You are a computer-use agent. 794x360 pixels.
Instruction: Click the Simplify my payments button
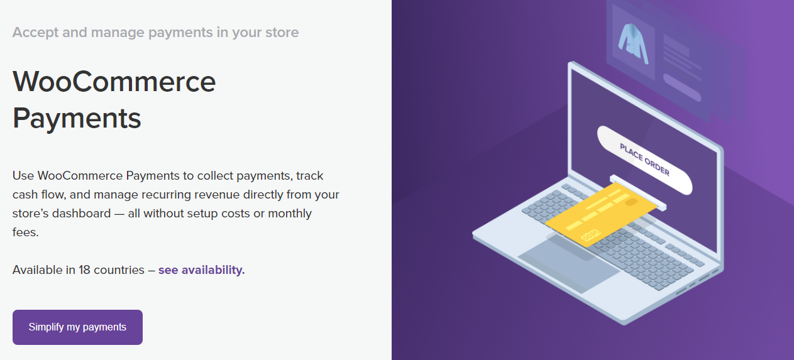pos(77,327)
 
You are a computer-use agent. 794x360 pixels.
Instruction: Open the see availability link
pos(201,270)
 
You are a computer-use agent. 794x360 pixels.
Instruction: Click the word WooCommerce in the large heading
pos(114,82)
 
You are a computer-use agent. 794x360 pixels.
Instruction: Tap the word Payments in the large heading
pos(77,118)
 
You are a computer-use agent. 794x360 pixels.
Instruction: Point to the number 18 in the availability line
pos(84,270)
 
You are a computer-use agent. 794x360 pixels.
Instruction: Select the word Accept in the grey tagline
pos(35,33)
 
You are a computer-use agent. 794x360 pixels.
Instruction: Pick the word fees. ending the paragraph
pos(26,232)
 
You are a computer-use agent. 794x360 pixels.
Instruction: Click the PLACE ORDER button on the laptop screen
pos(644,160)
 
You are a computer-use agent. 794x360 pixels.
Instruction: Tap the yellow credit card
pos(601,215)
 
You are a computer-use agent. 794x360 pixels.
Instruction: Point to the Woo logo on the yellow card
pos(590,235)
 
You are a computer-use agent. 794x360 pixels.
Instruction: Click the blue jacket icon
pos(633,44)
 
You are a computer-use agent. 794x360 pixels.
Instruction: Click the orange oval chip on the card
pos(631,202)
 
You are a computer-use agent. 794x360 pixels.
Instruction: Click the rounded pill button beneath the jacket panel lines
pos(682,87)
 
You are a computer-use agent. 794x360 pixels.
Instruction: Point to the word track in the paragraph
pos(310,176)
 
